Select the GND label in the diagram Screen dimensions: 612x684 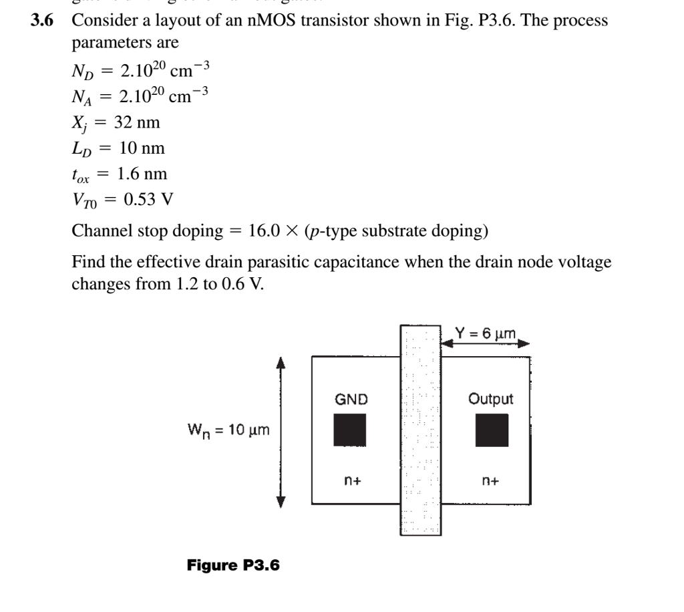(x=351, y=400)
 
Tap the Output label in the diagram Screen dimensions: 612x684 (x=491, y=399)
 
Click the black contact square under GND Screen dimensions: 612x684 (x=350, y=430)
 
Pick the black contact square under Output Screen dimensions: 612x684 (x=492, y=430)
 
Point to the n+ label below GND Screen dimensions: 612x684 (x=351, y=480)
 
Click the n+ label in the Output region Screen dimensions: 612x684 (x=492, y=480)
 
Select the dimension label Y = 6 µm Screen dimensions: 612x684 (x=486, y=332)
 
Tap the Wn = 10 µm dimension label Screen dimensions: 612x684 (x=228, y=430)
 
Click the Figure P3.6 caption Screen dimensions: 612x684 (x=233, y=565)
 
